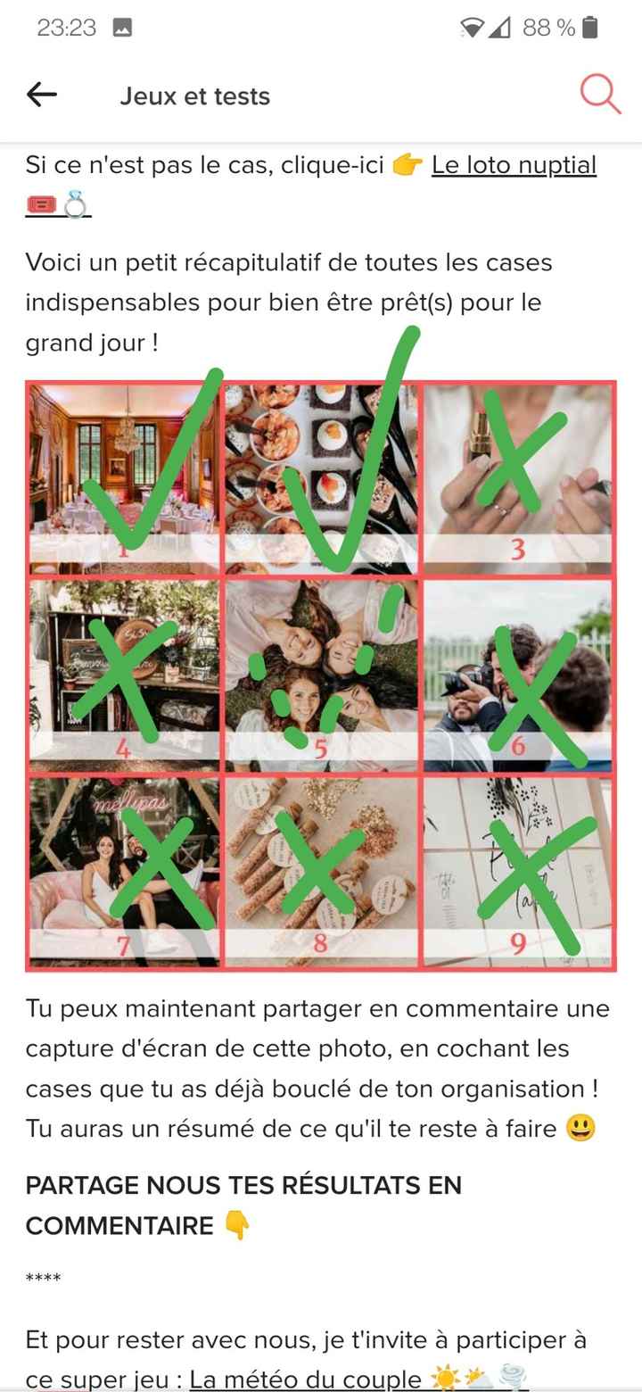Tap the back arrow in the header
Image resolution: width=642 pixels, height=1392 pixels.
coord(42,95)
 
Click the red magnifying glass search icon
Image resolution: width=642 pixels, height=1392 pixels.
coord(600,94)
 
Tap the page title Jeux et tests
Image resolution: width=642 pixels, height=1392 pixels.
coord(194,96)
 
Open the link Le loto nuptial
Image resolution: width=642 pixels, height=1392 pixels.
coord(514,165)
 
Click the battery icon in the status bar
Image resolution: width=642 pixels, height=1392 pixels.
coord(589,28)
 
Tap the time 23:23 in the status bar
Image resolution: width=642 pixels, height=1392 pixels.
coord(66,28)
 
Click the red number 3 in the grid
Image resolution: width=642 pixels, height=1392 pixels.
coord(517,550)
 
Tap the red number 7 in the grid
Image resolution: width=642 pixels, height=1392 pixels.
coord(124,944)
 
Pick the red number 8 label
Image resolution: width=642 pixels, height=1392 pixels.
coord(320,942)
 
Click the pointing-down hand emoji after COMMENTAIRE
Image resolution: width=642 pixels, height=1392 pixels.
coord(236,1226)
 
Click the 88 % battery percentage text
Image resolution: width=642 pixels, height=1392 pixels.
coord(548,28)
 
